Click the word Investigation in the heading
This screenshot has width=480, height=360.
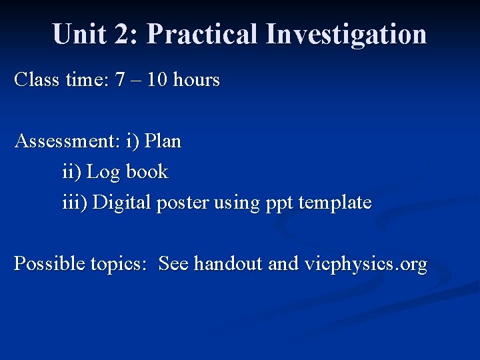346,33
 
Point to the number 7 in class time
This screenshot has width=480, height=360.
120,80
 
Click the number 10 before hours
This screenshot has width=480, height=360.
157,80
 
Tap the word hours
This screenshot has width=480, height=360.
197,80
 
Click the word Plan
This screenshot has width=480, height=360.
163,141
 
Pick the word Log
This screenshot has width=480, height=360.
103,172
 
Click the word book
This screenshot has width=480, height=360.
147,172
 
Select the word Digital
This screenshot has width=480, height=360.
122,203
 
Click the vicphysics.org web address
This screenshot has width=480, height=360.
365,264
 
